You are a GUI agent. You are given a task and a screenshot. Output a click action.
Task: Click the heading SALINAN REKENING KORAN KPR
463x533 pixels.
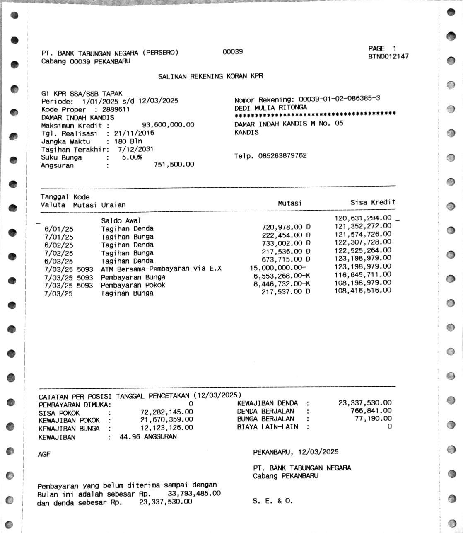[x=210, y=77]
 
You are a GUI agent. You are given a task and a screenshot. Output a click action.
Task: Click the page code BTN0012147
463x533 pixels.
[x=388, y=56]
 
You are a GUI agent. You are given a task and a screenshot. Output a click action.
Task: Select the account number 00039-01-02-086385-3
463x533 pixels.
[x=339, y=99]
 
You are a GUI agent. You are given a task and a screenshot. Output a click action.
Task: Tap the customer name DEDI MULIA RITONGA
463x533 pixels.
[x=270, y=107]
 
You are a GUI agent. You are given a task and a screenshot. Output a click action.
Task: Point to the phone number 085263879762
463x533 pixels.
[x=282, y=156]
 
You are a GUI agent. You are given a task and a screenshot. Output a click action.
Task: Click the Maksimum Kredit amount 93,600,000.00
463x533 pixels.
[x=168, y=125]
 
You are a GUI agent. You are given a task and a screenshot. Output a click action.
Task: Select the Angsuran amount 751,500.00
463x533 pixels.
[x=174, y=165]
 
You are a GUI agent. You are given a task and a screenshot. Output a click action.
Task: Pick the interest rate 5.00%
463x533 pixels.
[x=132, y=157]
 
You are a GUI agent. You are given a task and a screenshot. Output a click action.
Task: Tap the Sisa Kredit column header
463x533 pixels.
[x=373, y=202]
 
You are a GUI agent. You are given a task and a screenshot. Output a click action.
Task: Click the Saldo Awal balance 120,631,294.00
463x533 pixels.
[x=363, y=218]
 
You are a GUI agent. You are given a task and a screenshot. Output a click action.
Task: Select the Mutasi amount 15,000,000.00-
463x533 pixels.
[x=277, y=268]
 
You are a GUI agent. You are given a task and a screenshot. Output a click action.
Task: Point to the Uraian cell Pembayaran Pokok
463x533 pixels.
[x=133, y=285]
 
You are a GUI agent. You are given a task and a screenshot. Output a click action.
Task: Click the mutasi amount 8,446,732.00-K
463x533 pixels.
[x=282, y=284]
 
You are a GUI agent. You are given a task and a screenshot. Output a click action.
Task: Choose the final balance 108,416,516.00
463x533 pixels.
[x=363, y=290]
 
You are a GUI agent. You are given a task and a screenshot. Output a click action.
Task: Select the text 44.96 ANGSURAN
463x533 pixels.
[x=148, y=436]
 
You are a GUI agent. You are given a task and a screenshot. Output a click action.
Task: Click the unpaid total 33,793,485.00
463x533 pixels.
[x=194, y=494]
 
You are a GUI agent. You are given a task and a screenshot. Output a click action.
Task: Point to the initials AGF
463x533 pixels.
[x=44, y=454]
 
